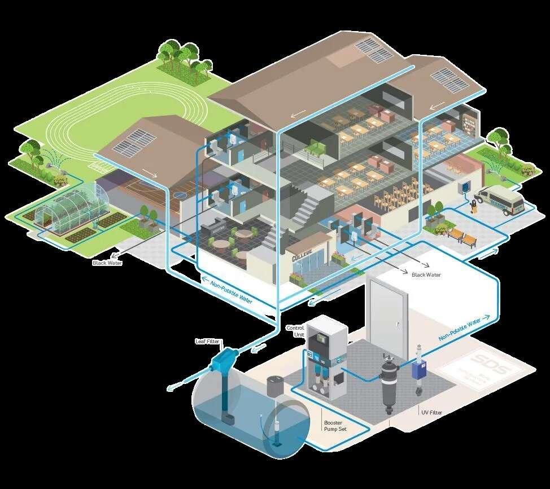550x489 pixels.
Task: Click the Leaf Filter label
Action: tap(207, 342)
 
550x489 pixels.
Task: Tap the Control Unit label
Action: tap(295, 331)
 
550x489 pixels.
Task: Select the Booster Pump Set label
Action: tap(335, 426)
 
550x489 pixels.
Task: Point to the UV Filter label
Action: tap(431, 413)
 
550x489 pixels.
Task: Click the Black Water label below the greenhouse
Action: tap(107, 263)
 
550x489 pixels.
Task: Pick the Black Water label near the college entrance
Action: tap(426, 275)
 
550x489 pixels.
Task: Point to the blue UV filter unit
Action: tap(419, 370)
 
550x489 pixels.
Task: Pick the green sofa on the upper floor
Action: tap(313, 150)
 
